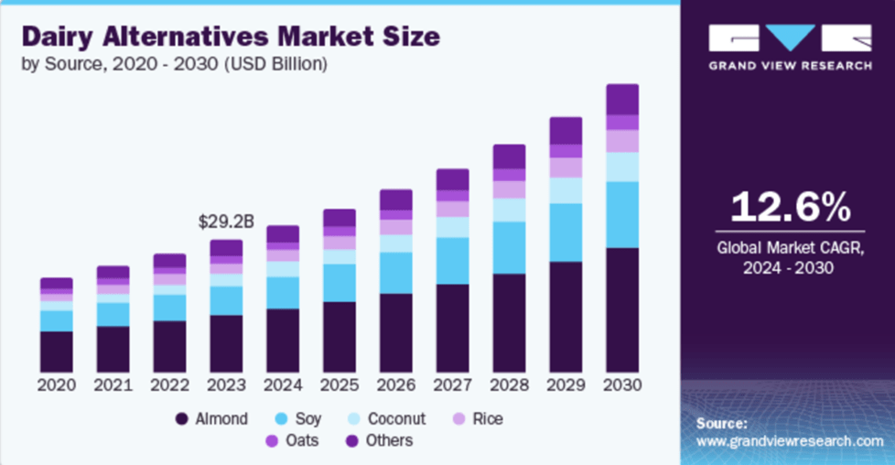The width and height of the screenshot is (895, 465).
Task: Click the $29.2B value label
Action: [x=226, y=222]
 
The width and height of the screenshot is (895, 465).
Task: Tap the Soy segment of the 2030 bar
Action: [x=622, y=214]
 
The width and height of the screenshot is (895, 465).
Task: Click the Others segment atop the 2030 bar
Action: [x=622, y=99]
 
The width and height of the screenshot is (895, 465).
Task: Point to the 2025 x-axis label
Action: [x=340, y=384]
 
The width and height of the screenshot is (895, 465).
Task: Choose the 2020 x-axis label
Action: [x=57, y=384]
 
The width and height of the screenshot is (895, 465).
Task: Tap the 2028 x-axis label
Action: [x=509, y=384]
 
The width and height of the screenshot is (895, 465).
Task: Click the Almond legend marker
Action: [x=181, y=419]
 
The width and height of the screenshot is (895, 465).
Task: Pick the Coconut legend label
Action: [x=396, y=419]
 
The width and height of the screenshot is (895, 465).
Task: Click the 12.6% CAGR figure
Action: [x=788, y=207]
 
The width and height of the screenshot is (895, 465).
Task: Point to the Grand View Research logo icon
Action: [x=790, y=38]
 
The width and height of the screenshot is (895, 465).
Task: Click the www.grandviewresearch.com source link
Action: [x=790, y=440]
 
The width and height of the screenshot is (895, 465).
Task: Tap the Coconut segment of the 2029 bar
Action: [x=566, y=190]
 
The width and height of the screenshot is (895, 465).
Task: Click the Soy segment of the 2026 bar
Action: [x=396, y=273]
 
